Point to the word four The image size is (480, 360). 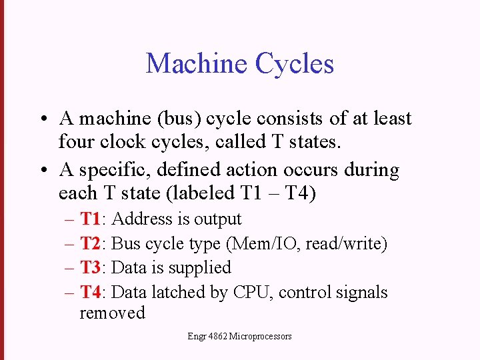point(75,141)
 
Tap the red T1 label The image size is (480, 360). point(90,219)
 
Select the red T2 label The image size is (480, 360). point(91,243)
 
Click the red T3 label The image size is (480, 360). point(91,267)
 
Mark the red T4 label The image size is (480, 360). point(91,292)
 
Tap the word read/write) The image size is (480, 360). point(347,243)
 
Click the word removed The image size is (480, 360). point(112,313)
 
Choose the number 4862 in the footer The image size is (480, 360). point(217,337)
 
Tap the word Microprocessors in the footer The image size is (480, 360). point(260,337)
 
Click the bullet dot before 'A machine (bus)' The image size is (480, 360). point(41,119)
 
